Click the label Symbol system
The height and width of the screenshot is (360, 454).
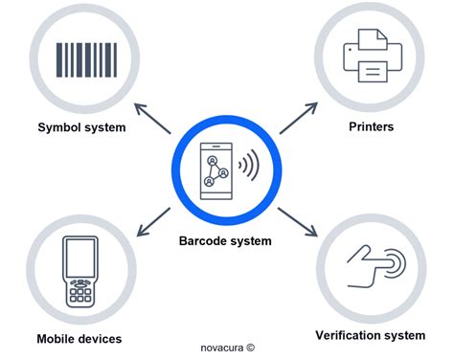pyautogui.click(x=81, y=126)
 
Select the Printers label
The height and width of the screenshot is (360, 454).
pyautogui.click(x=369, y=125)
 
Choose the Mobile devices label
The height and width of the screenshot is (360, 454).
pyautogui.click(x=79, y=338)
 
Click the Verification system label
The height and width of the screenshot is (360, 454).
pyautogui.click(x=370, y=334)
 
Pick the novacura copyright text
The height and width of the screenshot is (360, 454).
pyautogui.click(x=227, y=348)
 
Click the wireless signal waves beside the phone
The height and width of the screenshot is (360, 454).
pyautogui.click(x=249, y=167)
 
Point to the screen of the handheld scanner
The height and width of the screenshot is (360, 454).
pyautogui.click(x=81, y=259)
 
